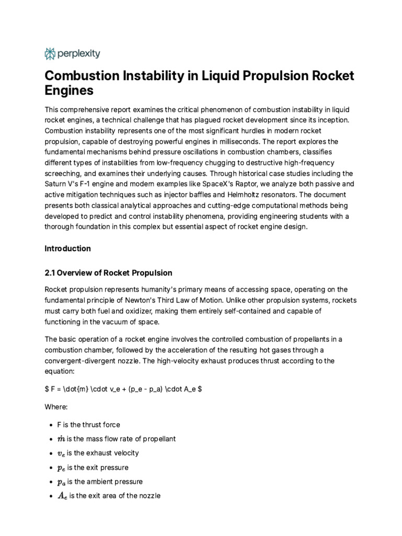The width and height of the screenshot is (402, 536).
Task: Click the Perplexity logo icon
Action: pos(50,53)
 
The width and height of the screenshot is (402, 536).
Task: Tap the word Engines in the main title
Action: pos(69,90)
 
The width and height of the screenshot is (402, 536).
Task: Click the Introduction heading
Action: pos(68,249)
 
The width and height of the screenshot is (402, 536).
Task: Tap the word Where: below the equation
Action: pos(57,407)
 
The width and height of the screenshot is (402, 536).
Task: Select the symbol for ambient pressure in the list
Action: pos(62,482)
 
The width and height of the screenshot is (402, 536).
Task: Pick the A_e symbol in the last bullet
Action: pos(62,496)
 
